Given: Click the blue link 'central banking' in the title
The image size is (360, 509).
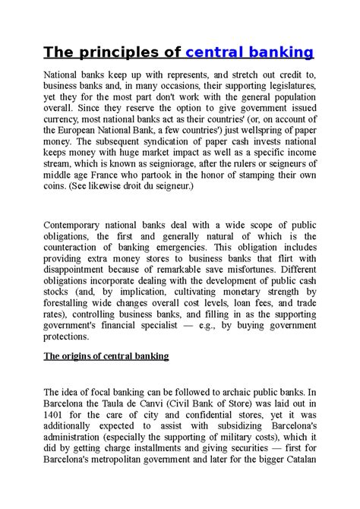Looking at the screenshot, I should pos(249,52).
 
